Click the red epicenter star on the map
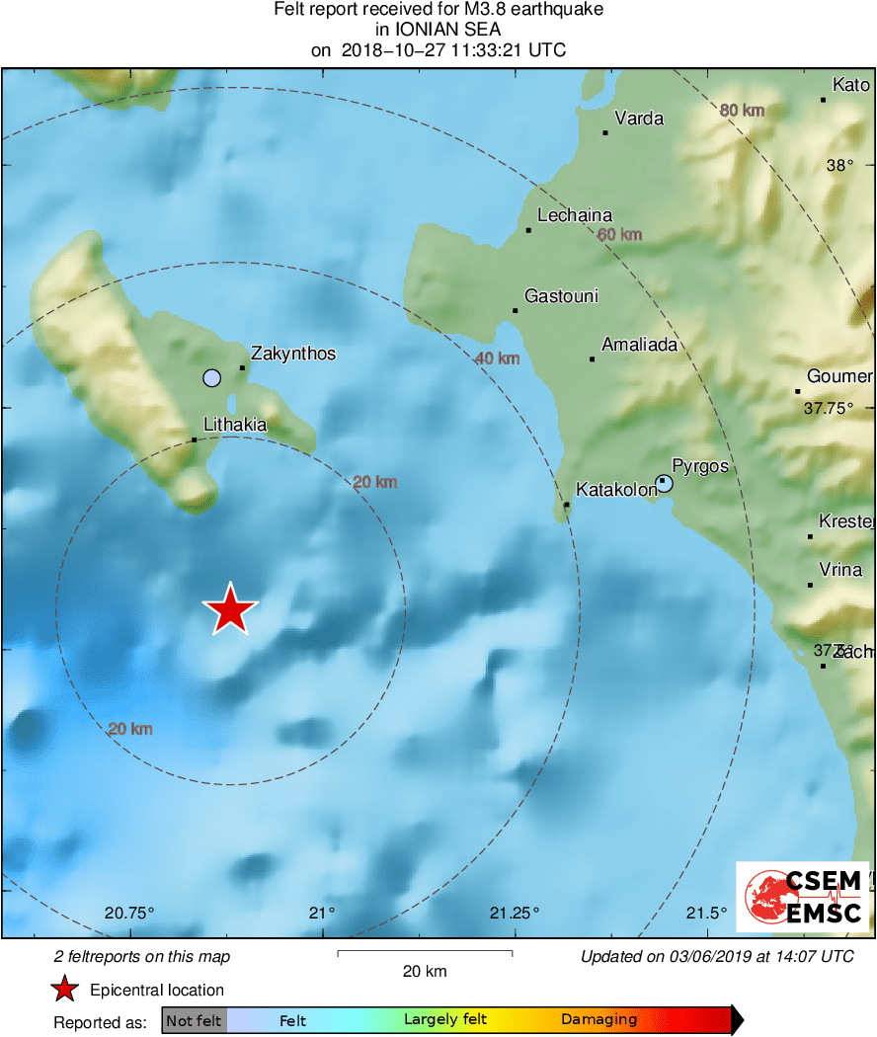[230, 609]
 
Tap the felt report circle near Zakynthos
[211, 377]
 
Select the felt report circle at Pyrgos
[664, 483]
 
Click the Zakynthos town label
[293, 354]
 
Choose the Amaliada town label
[640, 345]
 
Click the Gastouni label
[561, 296]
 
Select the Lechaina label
[575, 215]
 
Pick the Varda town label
[639, 120]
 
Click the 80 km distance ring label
[742, 111]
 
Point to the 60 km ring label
[620, 235]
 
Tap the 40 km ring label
[497, 359]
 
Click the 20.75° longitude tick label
[129, 913]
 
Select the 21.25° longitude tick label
[515, 913]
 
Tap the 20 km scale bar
[425, 953]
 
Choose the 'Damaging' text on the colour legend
[599, 1020]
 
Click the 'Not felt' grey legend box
[195, 1020]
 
